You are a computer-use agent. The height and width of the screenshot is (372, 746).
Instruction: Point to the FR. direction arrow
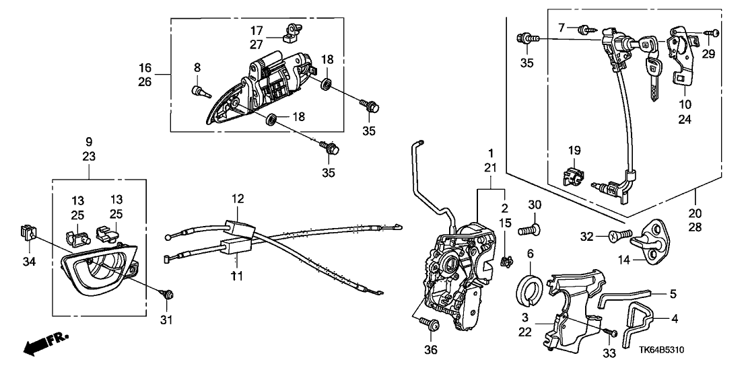[x=46, y=344]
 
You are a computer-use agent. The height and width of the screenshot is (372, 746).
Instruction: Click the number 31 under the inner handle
[x=166, y=320]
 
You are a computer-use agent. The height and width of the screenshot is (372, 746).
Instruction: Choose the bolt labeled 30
[x=529, y=231]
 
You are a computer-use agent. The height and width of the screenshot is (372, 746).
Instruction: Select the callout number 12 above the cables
[x=237, y=199]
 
